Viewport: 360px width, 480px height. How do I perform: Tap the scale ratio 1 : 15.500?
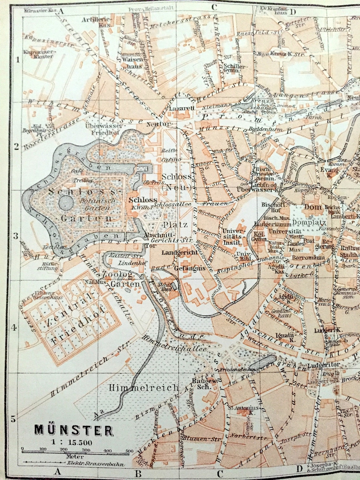(x=73, y=442)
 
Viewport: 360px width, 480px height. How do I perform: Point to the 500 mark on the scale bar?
(x=129, y=451)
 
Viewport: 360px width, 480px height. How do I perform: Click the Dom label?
(x=313, y=207)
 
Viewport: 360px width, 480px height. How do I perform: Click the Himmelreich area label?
(x=144, y=388)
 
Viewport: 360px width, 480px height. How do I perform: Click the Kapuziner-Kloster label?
(x=39, y=54)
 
